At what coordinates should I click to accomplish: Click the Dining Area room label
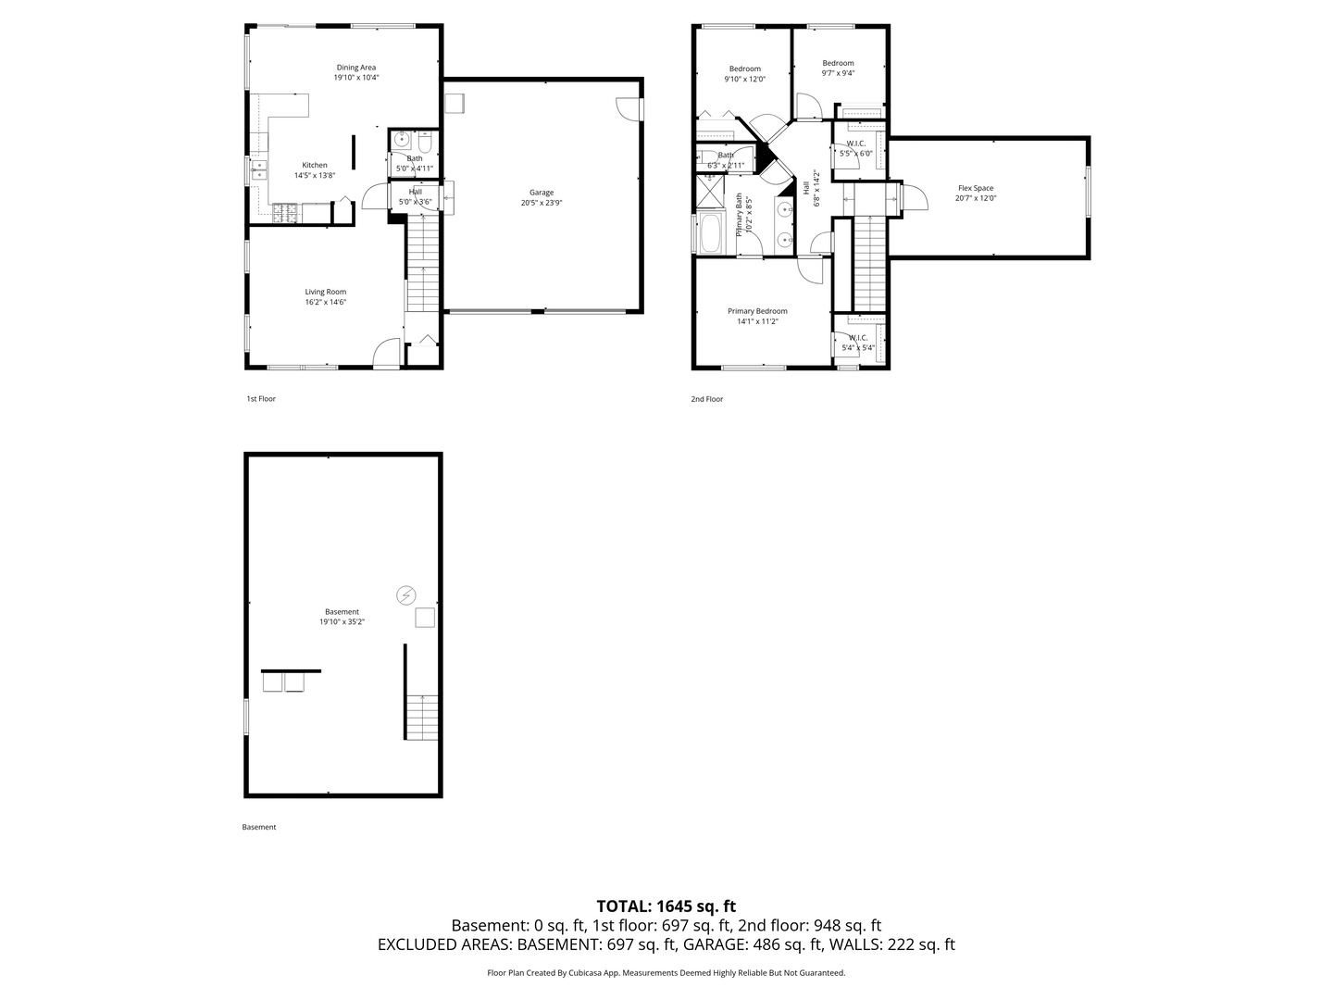click(x=356, y=67)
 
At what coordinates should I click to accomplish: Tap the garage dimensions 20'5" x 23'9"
click(x=542, y=203)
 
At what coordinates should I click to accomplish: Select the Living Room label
click(x=325, y=292)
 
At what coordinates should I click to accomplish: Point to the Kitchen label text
click(x=315, y=165)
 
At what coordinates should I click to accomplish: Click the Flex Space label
click(x=975, y=188)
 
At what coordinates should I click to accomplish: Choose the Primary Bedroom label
click(x=757, y=311)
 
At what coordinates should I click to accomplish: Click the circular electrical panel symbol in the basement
click(x=405, y=595)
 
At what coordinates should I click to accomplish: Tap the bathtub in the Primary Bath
click(x=711, y=233)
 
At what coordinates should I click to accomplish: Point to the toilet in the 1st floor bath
click(x=423, y=142)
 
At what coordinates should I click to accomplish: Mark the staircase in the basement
click(x=422, y=716)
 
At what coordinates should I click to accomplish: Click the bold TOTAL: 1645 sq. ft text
click(x=666, y=906)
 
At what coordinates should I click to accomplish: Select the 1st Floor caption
click(x=261, y=399)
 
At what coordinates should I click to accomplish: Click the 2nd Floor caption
click(x=706, y=399)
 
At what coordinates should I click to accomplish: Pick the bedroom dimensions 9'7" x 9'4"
click(x=838, y=73)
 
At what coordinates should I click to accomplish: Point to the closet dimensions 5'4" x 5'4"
click(x=857, y=348)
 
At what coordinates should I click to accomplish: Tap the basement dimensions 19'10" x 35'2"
click(x=342, y=622)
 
